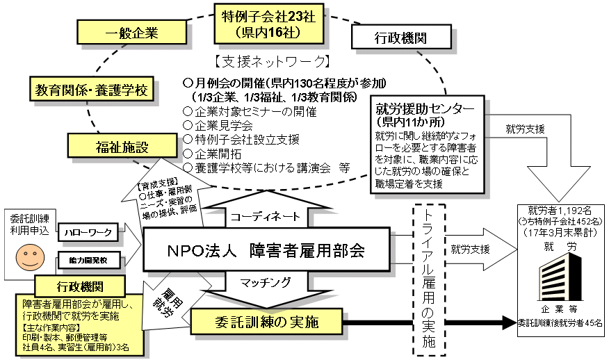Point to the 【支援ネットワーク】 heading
(272, 61)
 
